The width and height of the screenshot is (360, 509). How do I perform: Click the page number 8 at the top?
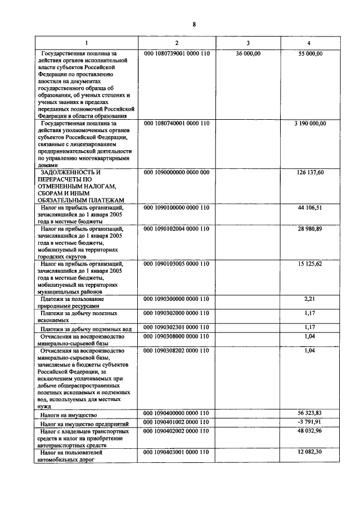pyautogui.click(x=194, y=24)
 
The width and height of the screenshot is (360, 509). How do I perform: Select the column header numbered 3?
pyautogui.click(x=248, y=44)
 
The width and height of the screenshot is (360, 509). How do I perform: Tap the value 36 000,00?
pyautogui.click(x=248, y=53)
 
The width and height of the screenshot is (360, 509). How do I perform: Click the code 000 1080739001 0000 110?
pyautogui.click(x=177, y=53)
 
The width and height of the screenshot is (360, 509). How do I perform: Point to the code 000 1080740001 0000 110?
pyautogui.click(x=177, y=123)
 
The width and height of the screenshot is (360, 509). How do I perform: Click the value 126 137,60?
pyautogui.click(x=310, y=173)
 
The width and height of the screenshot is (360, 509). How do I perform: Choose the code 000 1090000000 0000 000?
pyautogui.click(x=177, y=173)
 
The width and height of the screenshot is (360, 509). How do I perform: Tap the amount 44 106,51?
pyautogui.click(x=310, y=208)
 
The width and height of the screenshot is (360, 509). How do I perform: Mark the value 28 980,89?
pyautogui.click(x=310, y=229)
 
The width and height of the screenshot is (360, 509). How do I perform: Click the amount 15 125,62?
pyautogui.click(x=310, y=264)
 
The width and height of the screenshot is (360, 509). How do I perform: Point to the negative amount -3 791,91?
pyautogui.click(x=310, y=422)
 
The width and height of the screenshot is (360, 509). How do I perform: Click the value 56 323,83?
pyautogui.click(x=310, y=413)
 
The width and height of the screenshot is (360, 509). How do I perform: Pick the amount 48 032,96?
pyautogui.click(x=310, y=431)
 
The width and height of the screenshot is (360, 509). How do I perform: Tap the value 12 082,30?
pyautogui.click(x=310, y=452)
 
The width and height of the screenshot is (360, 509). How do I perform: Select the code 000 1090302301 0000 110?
pyautogui.click(x=177, y=327)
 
